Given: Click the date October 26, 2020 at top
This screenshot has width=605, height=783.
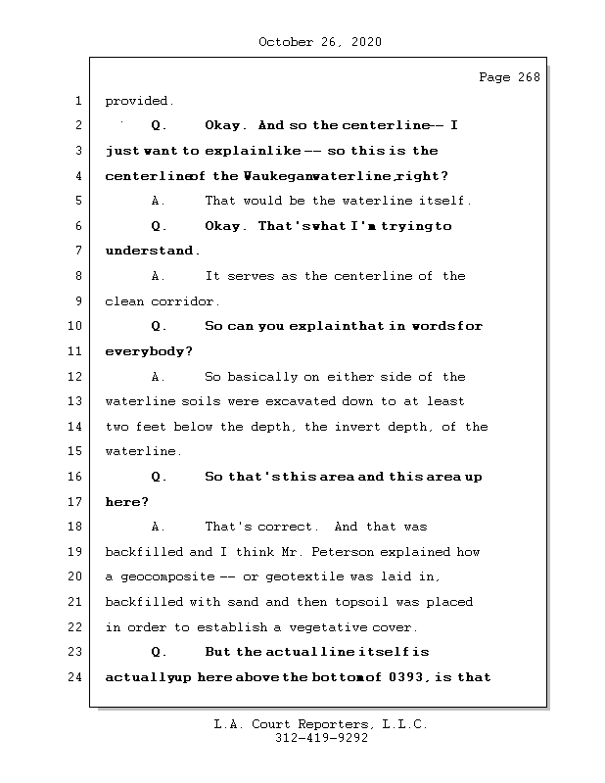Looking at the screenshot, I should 320,42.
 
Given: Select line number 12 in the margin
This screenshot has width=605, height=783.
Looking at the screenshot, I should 78,377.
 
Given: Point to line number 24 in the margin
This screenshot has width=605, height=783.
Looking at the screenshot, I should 78,677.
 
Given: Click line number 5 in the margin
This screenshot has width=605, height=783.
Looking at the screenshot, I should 78,202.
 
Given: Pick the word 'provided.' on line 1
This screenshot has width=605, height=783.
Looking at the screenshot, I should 139,101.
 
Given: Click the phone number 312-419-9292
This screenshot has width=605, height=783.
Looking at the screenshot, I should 320,738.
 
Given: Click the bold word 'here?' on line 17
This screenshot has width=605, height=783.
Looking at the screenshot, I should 126,502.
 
